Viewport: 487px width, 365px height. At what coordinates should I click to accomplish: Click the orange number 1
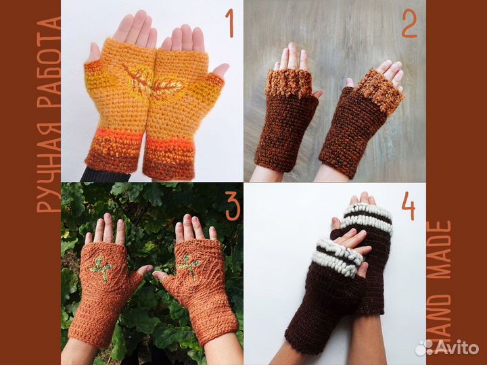point(229,23)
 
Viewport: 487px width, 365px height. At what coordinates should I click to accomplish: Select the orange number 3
point(233,205)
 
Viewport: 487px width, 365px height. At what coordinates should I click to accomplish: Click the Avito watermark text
point(457,347)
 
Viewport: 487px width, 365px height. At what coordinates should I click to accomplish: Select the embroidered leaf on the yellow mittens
point(153,82)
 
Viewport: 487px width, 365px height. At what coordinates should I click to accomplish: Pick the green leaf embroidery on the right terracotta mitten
point(189,266)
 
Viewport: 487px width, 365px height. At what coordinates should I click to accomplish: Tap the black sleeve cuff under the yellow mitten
point(105,175)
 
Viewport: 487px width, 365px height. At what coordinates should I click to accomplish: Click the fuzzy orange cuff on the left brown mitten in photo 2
point(289,82)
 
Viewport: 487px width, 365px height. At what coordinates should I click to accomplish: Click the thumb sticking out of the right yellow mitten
point(221,70)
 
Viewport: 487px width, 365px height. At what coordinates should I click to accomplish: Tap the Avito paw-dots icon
point(424,347)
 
